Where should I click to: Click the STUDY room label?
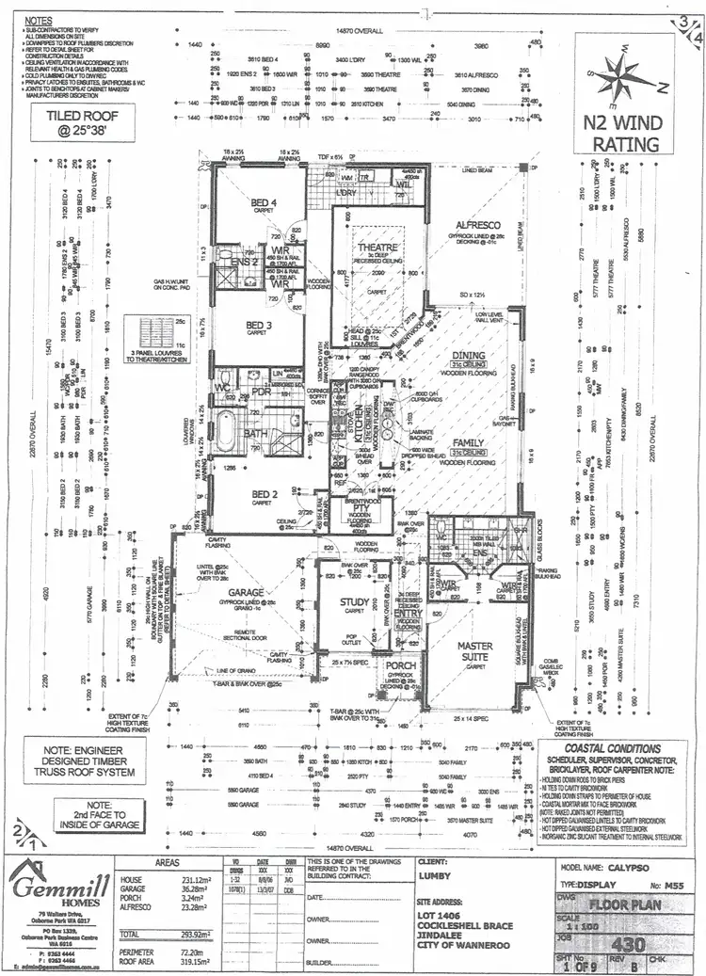tap(354, 603)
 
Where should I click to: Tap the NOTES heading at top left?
tap(40, 19)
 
